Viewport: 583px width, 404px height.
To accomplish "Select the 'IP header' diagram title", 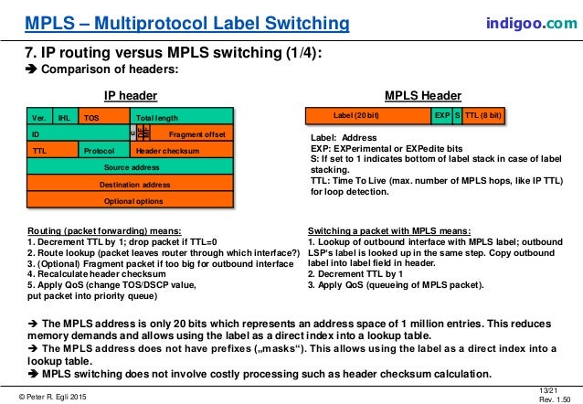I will [x=131, y=95].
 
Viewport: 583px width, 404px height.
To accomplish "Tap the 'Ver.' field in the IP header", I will [x=39, y=117].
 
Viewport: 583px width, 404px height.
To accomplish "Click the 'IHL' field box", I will [x=64, y=117].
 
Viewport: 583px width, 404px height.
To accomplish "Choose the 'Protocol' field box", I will [x=99, y=150].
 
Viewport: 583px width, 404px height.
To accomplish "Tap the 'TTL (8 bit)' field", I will [x=483, y=116].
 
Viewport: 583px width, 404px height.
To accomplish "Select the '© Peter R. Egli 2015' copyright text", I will [x=57, y=393].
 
